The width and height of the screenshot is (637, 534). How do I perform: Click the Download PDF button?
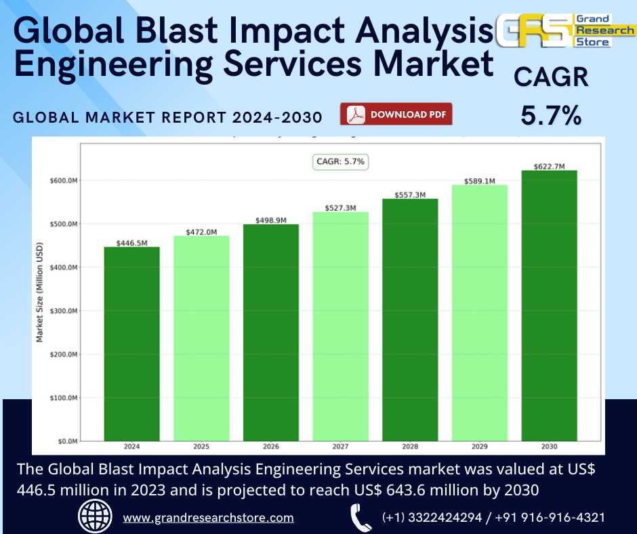396,115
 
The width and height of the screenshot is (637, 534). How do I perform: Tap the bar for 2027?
340,326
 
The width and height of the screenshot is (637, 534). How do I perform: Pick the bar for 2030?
549,305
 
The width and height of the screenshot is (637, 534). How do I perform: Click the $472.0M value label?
201,232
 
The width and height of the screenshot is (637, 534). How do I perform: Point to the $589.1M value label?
479,181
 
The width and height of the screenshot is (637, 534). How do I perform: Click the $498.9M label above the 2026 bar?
270,220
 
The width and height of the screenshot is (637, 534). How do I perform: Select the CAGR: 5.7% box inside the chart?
341,162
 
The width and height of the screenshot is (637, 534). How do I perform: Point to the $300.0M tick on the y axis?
64,311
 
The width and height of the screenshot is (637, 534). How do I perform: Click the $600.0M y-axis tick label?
64,180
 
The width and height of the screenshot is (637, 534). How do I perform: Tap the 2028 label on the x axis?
410,447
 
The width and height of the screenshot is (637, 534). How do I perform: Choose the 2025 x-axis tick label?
201,447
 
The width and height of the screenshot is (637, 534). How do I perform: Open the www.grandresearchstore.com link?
208,518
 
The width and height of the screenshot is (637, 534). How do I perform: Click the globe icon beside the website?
96,517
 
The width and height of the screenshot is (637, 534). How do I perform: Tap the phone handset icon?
360,518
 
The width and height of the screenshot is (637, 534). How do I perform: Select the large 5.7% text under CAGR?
550,116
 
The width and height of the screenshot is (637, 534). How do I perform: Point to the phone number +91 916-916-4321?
550,518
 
